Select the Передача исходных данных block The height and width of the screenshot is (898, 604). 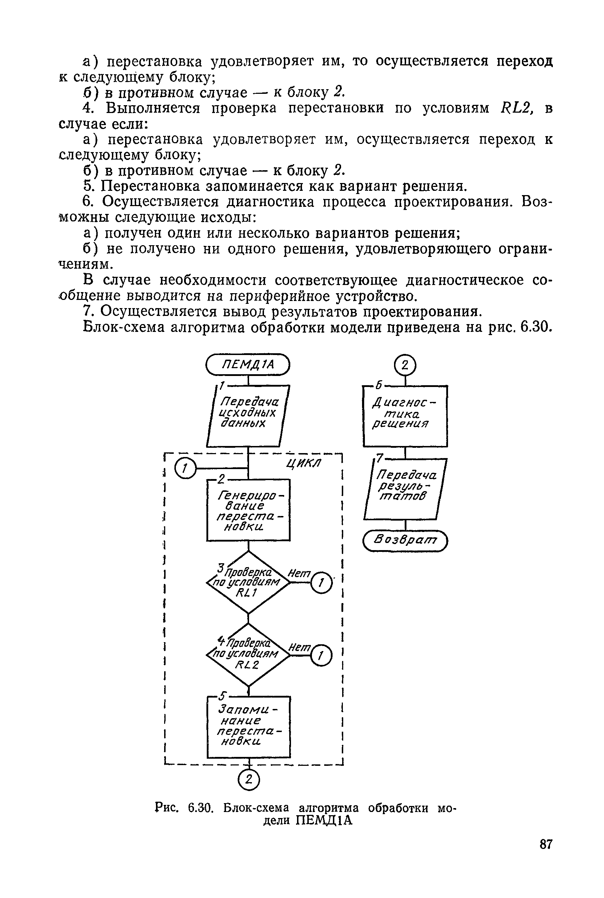(x=248, y=416)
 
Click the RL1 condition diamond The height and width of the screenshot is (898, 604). (x=248, y=582)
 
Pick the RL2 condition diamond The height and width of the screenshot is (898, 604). (x=248, y=654)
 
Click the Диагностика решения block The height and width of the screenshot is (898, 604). (x=405, y=416)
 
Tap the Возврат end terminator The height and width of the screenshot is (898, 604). (x=405, y=541)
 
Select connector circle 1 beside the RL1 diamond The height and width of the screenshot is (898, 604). (x=321, y=583)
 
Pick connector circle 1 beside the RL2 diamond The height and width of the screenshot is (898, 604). (x=321, y=655)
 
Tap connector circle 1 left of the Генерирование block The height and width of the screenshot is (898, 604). (x=185, y=468)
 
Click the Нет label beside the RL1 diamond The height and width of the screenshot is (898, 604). (x=299, y=574)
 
